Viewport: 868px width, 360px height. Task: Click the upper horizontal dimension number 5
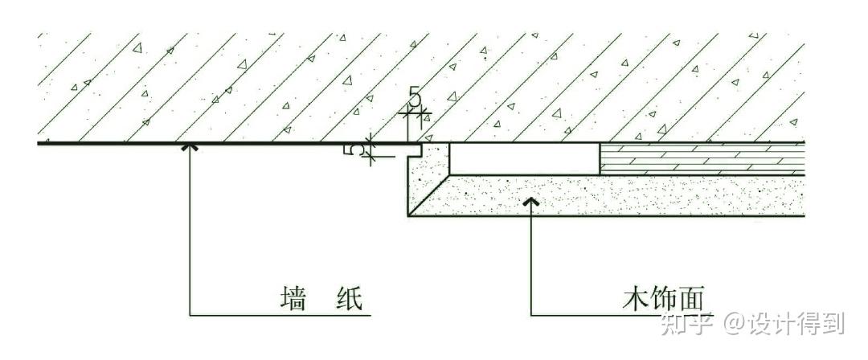[415, 97]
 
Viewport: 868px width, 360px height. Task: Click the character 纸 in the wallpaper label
[346, 301]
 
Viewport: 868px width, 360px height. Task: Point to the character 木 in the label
[633, 300]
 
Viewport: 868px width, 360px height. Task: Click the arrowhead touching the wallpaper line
[190, 147]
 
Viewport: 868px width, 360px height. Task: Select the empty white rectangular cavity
[524, 158]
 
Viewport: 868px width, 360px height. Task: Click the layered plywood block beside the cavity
[702, 158]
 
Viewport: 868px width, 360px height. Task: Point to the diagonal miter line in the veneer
[429, 194]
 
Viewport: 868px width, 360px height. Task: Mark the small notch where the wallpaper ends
[417, 149]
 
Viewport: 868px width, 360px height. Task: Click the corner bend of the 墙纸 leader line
[190, 313]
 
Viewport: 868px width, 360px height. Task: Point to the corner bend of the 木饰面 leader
[530, 313]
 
